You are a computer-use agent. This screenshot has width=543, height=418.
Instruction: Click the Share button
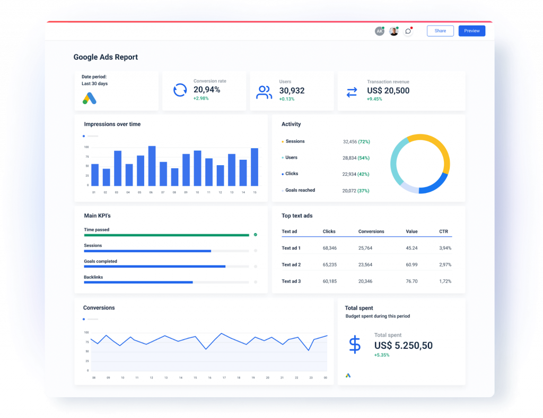440,31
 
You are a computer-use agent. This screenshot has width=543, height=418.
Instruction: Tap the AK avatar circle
379,31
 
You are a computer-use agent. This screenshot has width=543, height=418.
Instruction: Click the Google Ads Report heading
106,57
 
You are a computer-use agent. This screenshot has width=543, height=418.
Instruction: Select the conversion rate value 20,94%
207,90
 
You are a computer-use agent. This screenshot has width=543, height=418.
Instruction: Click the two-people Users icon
264,92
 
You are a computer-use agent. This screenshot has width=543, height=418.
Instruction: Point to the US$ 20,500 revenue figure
388,91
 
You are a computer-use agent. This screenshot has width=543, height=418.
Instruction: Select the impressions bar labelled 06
152,166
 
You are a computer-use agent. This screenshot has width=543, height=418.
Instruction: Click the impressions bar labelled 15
255,167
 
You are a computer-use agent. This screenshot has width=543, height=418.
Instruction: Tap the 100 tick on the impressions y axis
86,147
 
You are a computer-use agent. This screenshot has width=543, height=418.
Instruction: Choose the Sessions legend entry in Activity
295,142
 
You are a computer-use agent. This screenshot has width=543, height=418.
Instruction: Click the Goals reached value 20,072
349,191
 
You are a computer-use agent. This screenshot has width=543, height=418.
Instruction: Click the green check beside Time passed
255,234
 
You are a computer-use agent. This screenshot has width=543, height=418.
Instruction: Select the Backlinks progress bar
138,283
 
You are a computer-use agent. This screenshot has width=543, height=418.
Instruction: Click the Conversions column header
371,232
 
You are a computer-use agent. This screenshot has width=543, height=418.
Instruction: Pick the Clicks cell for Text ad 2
329,265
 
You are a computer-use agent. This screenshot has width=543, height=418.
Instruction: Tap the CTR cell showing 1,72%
445,281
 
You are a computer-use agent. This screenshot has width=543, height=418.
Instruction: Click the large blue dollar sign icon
355,345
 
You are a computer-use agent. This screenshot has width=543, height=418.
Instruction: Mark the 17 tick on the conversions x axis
224,378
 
